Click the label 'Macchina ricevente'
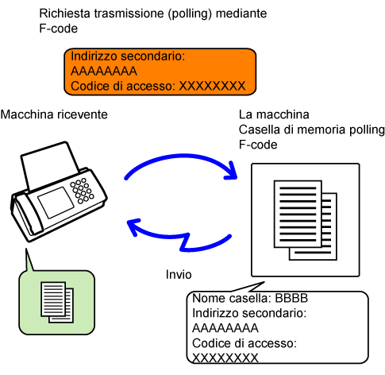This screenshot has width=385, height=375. tap(54, 114)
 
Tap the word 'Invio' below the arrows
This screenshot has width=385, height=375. tap(179, 274)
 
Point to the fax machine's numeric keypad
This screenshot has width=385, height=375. tap(83, 191)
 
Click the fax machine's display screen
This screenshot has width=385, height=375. tap(56, 202)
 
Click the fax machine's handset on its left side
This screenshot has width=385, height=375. tap(25, 215)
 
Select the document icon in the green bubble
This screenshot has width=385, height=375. tap(57, 302)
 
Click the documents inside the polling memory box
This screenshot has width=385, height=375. tap(306, 220)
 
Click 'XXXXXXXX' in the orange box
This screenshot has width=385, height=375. tap(213, 86)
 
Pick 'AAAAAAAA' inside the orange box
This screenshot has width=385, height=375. tap(104, 72)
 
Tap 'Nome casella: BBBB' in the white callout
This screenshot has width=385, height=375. tap(250, 298)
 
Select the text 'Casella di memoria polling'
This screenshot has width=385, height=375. tap(312, 130)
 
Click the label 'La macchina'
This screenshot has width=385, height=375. tap(274, 114)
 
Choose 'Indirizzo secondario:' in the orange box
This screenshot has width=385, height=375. tap(128, 56)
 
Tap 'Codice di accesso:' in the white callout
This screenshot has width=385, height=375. tap(244, 343)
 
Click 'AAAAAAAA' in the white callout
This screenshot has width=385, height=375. tap(225, 328)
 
